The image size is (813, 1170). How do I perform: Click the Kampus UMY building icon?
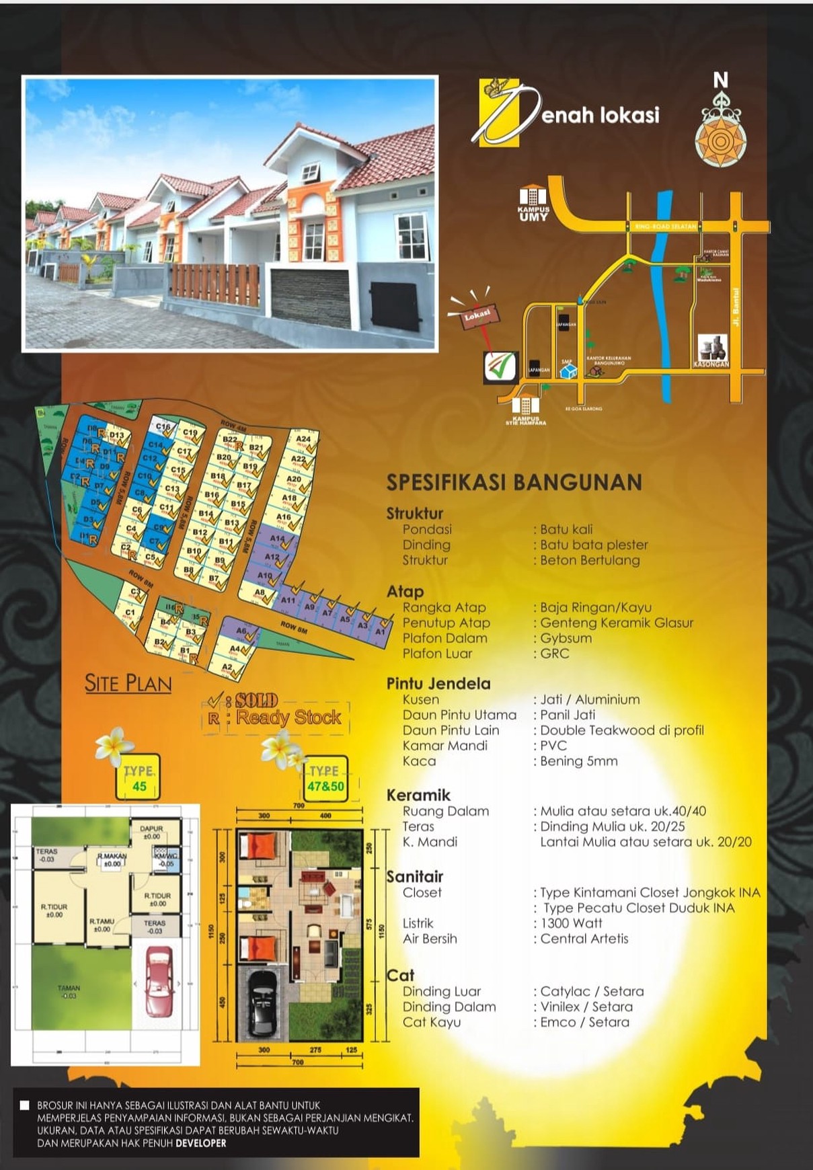[533, 197]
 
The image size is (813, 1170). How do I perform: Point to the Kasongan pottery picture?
[712, 348]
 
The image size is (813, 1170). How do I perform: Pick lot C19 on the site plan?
[190, 433]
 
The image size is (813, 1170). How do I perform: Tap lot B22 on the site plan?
[231, 440]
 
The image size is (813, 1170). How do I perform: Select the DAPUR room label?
[152, 829]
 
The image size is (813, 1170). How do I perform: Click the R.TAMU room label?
[102, 921]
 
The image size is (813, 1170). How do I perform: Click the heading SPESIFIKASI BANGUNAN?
[514, 482]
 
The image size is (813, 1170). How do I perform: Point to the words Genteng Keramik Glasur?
[617, 623]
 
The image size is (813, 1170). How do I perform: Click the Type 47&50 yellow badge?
[325, 779]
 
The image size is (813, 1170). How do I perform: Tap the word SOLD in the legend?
[257, 700]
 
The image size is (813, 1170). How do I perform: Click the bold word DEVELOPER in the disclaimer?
[201, 1142]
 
